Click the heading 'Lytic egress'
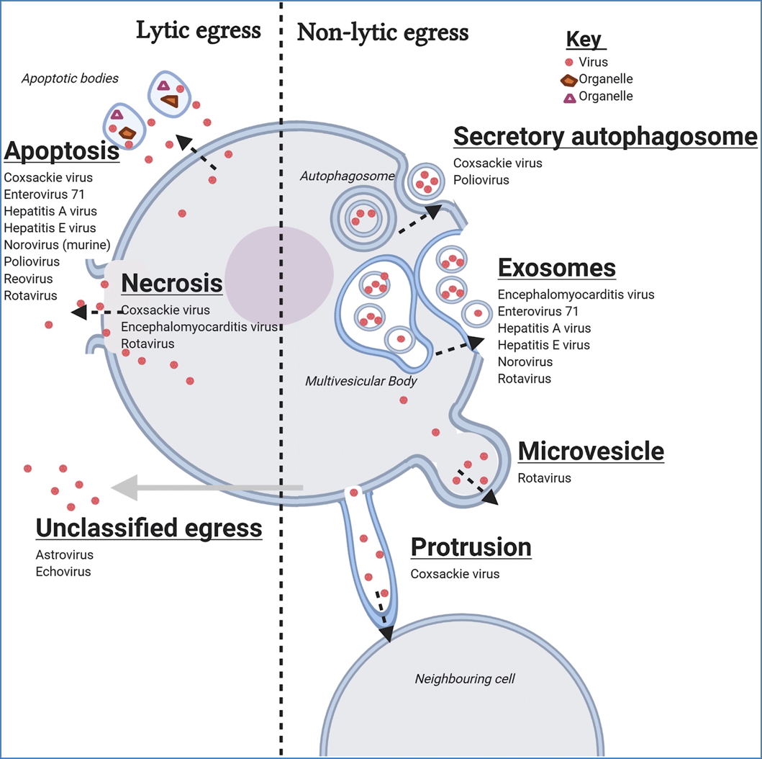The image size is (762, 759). coord(198,30)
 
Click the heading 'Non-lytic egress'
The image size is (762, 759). coord(383,32)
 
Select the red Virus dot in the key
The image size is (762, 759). coord(570,62)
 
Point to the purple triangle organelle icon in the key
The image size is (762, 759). coord(569,96)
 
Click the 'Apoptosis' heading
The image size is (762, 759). coord(61,151)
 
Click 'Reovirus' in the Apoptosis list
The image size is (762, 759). coord(28,279)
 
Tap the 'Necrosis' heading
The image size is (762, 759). coord(172,283)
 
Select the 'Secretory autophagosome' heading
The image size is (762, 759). coord(605,136)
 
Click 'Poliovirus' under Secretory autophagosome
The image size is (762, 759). coord(481,180)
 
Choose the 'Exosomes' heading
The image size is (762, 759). coord(557,268)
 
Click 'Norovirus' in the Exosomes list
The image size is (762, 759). coord(525,361)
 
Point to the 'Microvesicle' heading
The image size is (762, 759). coord(591,452)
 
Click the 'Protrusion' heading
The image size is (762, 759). coord(471,547)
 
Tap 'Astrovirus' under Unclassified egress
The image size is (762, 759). coord(64,555)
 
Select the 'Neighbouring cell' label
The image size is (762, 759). coord(465,678)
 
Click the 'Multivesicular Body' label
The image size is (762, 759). coord(360,381)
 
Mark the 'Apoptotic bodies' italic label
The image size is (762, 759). coord(70,78)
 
